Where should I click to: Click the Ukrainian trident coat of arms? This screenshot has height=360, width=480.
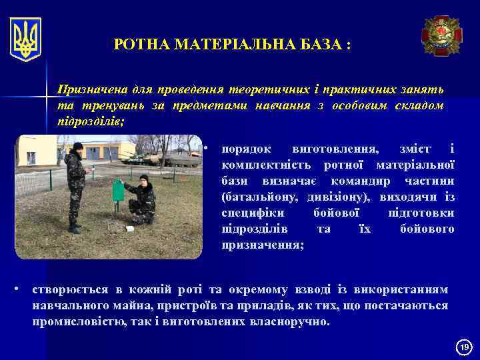click(26, 39)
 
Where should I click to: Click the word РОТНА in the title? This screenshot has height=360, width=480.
click(142, 45)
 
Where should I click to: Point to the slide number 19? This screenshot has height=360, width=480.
click(464, 347)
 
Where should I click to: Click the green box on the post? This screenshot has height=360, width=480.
click(118, 191)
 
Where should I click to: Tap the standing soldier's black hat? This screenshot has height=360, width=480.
click(78, 147)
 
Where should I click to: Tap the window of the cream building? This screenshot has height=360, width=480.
click(31, 158)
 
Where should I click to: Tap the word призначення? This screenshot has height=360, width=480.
click(263, 245)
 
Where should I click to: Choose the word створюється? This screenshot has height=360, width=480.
click(72, 289)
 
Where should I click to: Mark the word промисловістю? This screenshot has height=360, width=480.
click(81, 321)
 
